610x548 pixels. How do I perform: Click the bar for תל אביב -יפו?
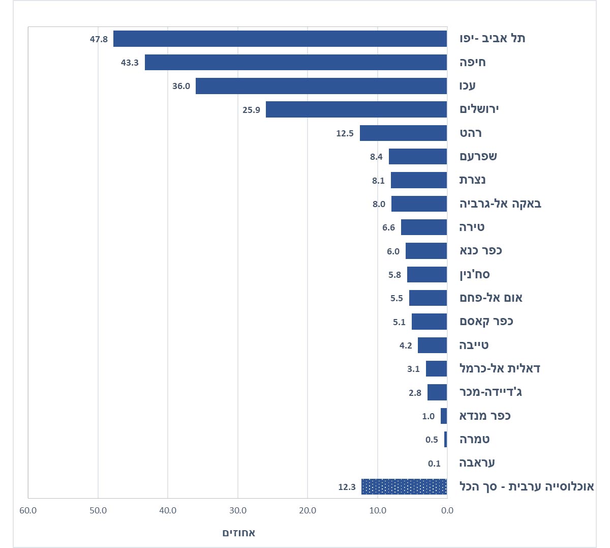(280, 39)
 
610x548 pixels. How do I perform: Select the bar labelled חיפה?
(295, 62)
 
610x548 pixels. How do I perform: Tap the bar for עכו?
(321, 86)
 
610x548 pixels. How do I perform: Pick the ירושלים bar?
(356, 109)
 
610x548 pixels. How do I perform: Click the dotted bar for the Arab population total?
(404, 486)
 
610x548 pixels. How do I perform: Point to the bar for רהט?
(403, 133)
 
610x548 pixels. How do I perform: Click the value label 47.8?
(99, 39)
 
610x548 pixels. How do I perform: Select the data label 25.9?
(251, 110)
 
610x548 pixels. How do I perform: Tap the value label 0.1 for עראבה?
(434, 464)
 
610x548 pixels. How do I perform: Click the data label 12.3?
(347, 487)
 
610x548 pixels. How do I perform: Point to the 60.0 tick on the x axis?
(28, 510)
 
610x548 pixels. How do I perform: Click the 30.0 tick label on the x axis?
(237, 510)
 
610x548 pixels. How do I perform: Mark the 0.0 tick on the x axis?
(447, 510)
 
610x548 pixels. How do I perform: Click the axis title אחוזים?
(239, 533)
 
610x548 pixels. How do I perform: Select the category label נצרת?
(473, 180)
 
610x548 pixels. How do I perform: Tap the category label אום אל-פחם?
(491, 298)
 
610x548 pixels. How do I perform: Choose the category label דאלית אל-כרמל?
(499, 369)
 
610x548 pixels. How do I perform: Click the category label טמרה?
(474, 440)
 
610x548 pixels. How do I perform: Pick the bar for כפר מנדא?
(444, 416)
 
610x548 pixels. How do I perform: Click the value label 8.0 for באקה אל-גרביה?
(379, 204)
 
